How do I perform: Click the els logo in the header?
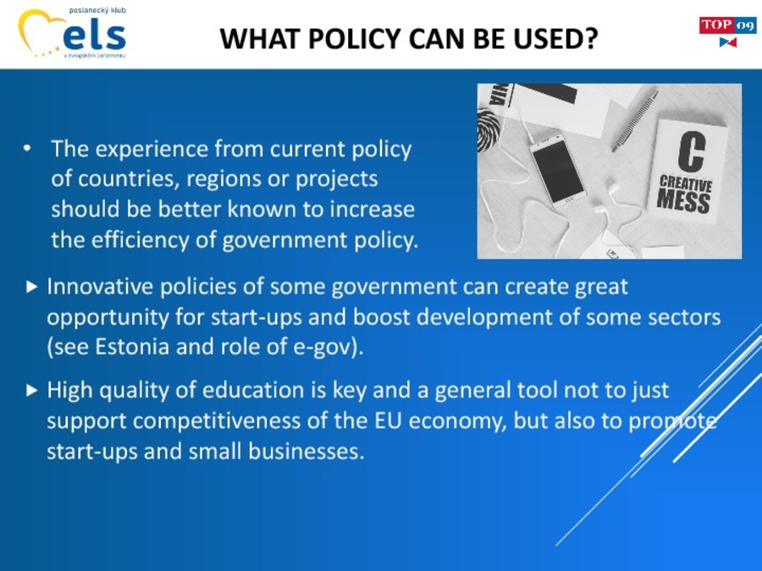point(72,32)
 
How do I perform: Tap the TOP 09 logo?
point(727,31)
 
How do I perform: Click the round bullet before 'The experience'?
point(27,148)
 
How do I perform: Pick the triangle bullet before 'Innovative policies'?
point(31,287)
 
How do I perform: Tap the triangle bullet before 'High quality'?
point(31,390)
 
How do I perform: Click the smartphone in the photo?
point(558,170)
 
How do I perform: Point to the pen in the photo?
point(635,120)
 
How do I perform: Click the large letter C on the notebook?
point(691,151)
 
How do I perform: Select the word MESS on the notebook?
point(682,201)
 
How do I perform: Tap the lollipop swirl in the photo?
point(488,129)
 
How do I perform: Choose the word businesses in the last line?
point(306,451)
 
